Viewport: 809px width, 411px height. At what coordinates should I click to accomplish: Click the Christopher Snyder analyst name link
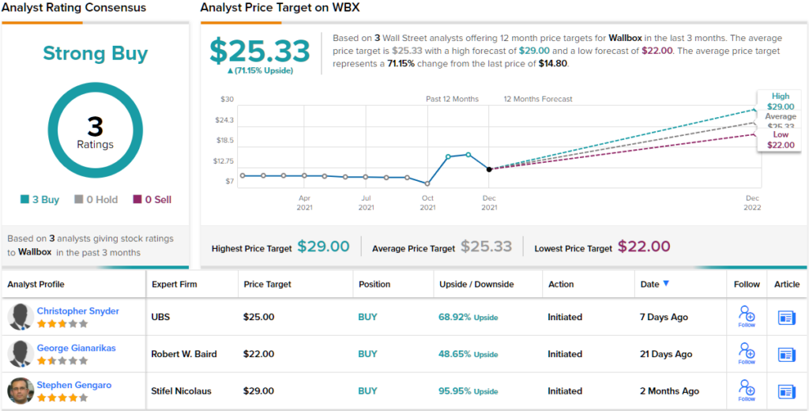pos(77,311)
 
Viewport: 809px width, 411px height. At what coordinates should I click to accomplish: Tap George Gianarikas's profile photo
pos(20,354)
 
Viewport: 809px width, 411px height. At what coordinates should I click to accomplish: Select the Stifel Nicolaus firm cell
pos(184,390)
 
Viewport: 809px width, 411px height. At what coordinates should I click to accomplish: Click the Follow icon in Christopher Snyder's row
pos(746,316)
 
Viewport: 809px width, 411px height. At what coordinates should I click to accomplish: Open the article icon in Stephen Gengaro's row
pos(786,390)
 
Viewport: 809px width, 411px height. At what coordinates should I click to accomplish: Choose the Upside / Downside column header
pos(476,284)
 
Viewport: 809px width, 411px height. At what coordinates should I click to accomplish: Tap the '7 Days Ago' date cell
pos(664,317)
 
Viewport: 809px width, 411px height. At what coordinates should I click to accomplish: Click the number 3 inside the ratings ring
pos(95,126)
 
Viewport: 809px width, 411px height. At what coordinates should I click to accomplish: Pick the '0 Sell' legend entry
pos(152,200)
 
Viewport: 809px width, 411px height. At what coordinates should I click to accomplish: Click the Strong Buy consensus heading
pos(95,54)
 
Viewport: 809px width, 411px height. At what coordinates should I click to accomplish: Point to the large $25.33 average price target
pos(260,51)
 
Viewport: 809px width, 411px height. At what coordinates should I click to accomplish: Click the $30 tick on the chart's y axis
pos(227,99)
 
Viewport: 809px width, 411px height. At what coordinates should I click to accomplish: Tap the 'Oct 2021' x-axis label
pos(427,202)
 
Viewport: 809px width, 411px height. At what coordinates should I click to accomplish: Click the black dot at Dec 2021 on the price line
pos(489,169)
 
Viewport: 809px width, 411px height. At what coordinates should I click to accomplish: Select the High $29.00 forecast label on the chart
pos(780,101)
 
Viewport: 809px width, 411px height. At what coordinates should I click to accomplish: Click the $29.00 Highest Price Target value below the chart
pos(323,247)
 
